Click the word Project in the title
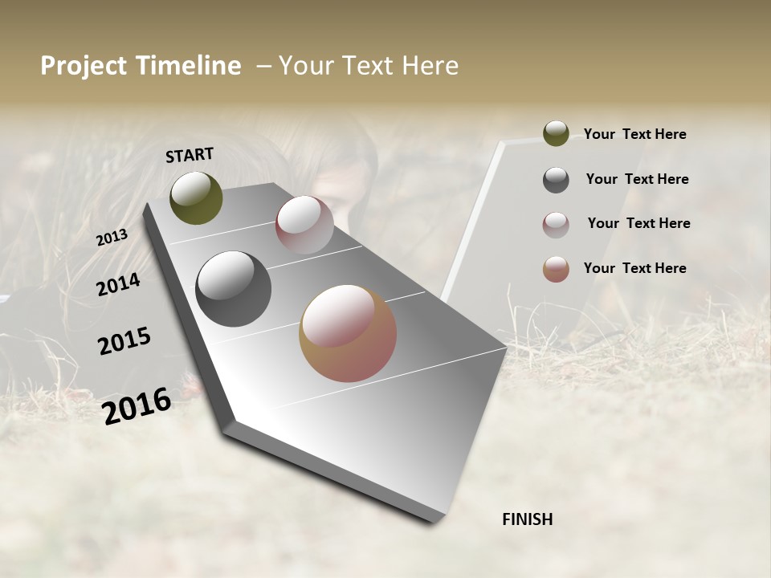point(83,66)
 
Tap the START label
point(190,154)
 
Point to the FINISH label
point(527,519)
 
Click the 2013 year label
point(112,237)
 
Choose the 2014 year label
point(118,285)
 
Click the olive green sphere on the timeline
point(196,198)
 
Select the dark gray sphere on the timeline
point(233,289)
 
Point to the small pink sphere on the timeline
point(304,225)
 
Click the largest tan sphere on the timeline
point(348,333)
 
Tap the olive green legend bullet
point(556,133)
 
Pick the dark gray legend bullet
point(556,180)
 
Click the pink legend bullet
point(556,225)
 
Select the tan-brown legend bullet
point(556,269)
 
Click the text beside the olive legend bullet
point(634,134)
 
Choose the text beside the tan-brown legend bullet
point(634,268)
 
